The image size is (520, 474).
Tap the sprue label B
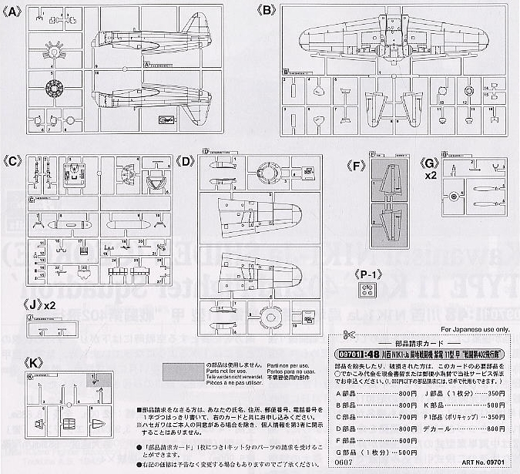(x=266, y=10)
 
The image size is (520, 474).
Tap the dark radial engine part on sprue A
(x=55, y=88)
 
